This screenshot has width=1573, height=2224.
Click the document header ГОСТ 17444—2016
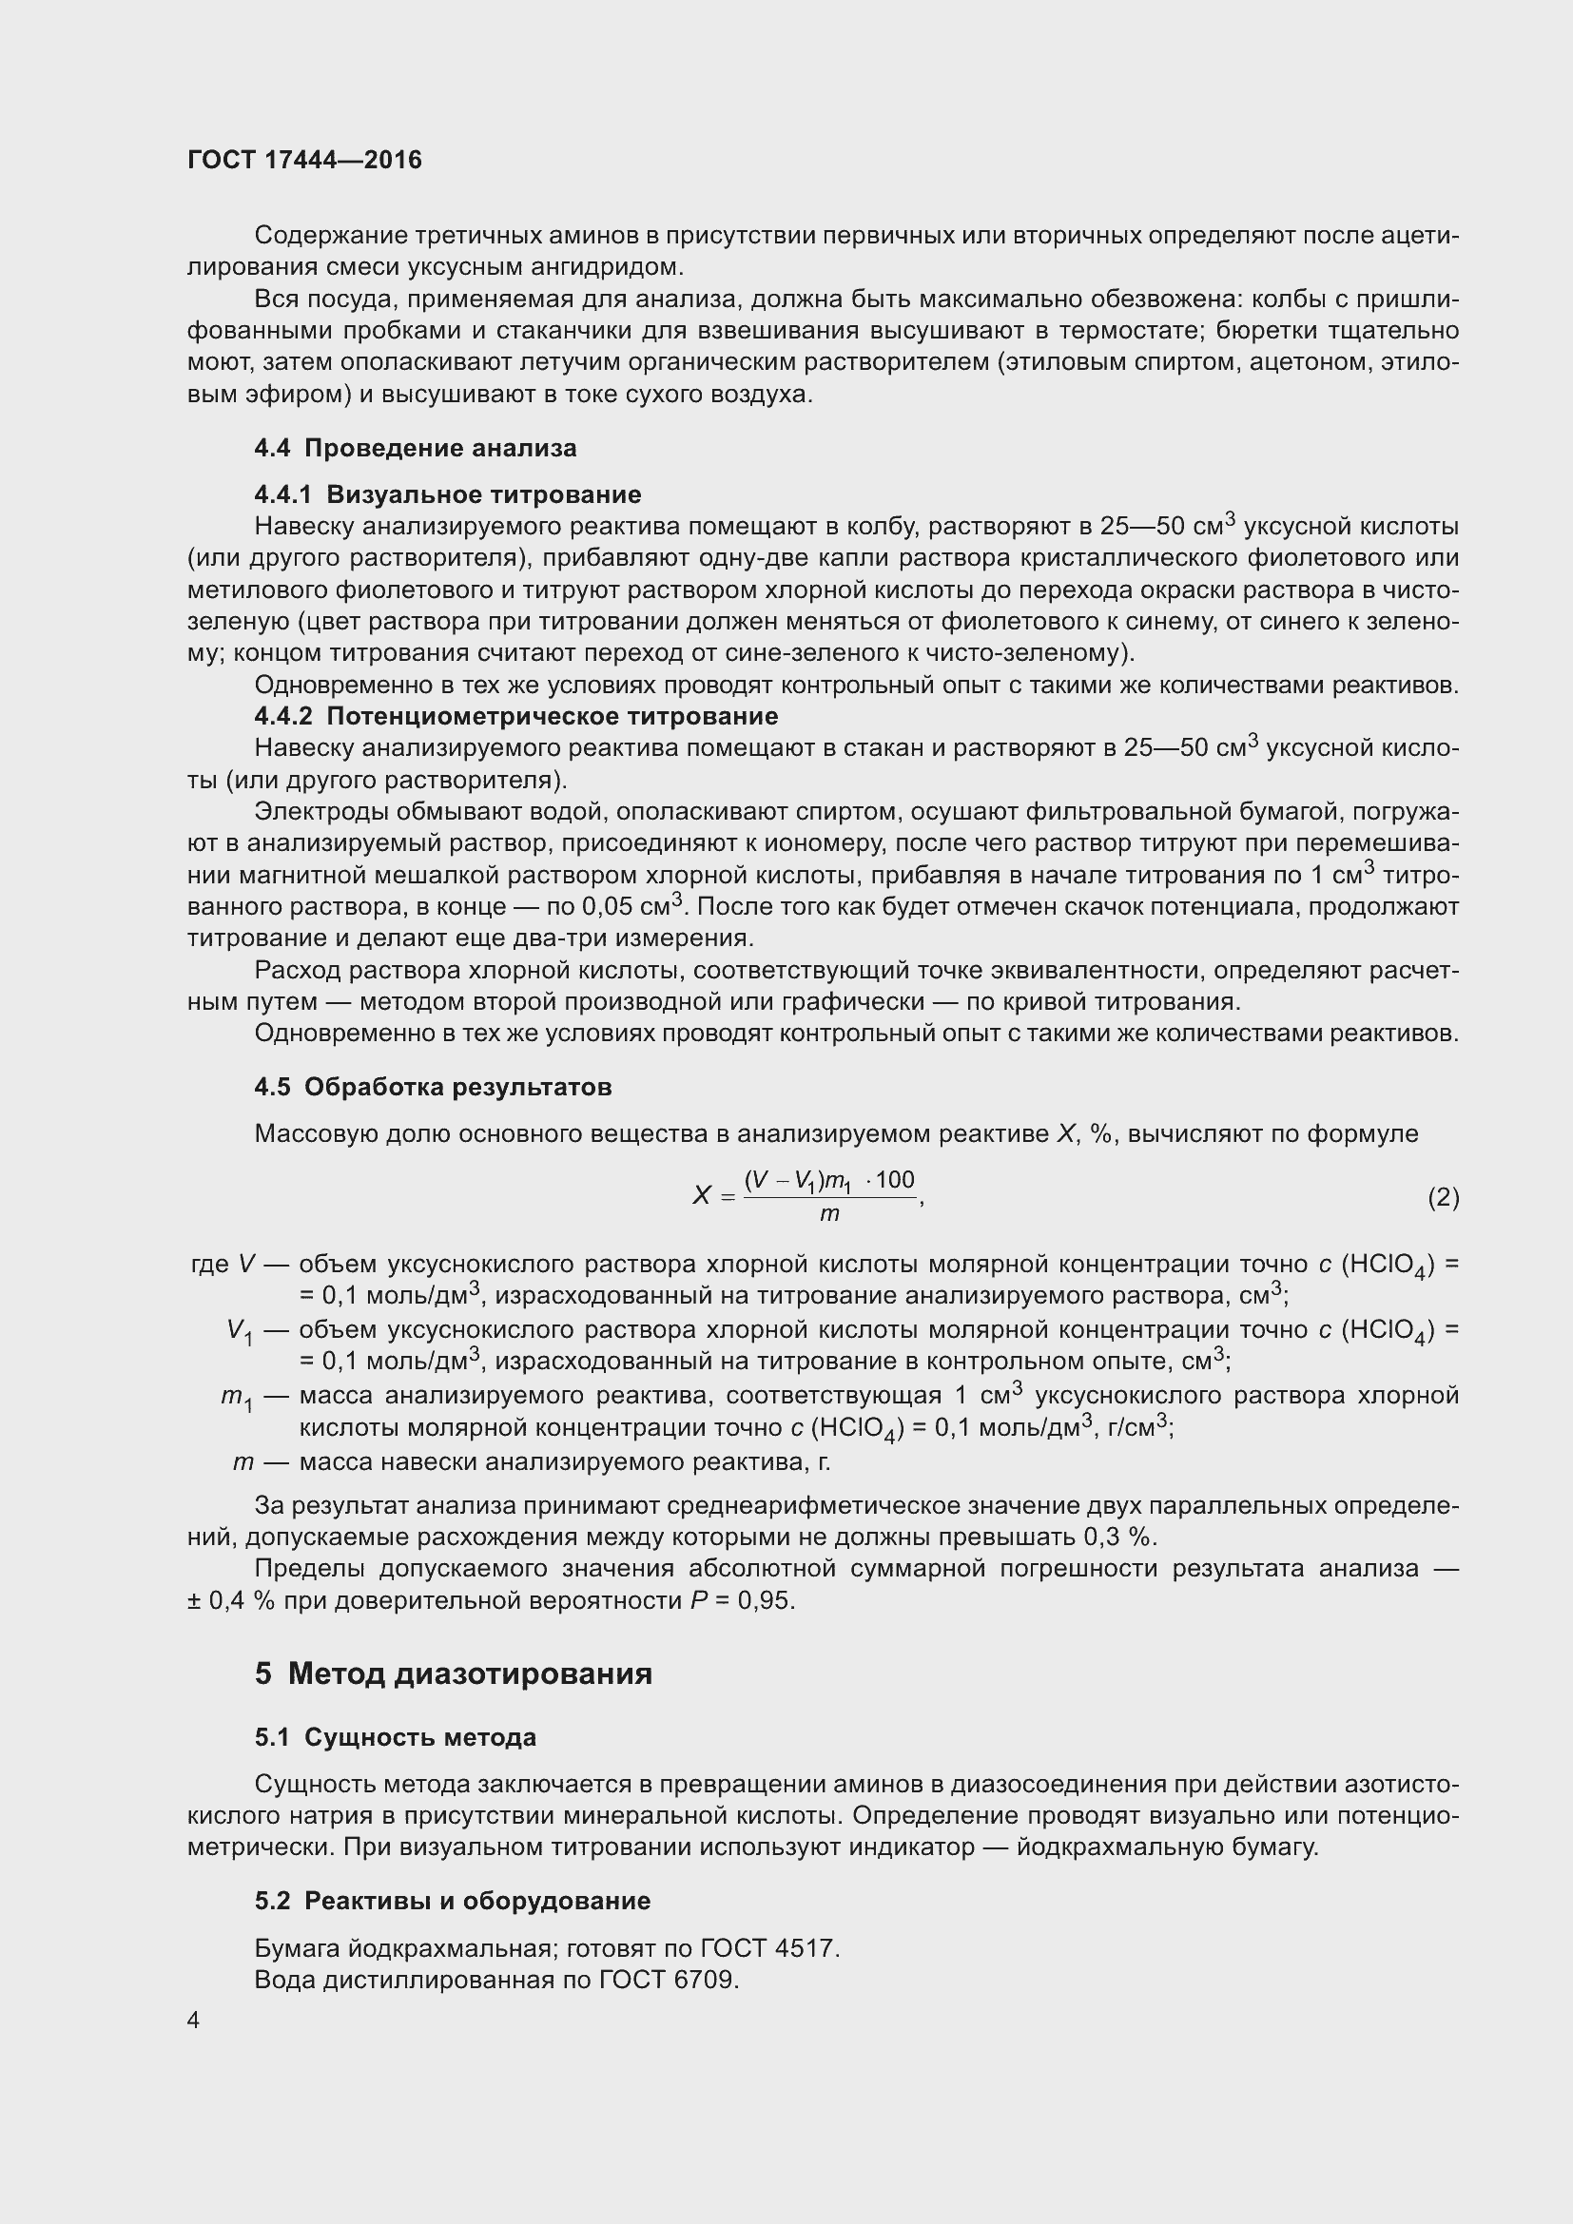[x=305, y=161]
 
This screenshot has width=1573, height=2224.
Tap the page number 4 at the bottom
[x=194, y=2020]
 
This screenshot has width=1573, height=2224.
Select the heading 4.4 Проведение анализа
[x=416, y=449]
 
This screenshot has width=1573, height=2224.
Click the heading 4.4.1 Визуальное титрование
[x=448, y=495]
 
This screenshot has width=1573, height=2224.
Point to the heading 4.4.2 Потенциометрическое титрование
[x=515, y=717]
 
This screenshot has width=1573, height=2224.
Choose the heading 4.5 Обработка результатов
[x=433, y=1088]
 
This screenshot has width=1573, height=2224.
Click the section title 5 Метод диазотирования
[x=454, y=1673]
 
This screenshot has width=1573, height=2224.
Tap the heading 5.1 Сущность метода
[x=396, y=1738]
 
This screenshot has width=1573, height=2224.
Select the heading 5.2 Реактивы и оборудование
[x=453, y=1901]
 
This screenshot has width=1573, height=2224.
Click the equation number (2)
[x=1443, y=1198]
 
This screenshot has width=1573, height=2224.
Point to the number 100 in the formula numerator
[x=895, y=1180]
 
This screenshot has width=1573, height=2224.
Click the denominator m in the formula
[x=829, y=1214]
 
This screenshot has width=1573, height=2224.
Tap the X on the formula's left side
[x=701, y=1197]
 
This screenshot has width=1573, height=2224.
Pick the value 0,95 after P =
[x=766, y=1601]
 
